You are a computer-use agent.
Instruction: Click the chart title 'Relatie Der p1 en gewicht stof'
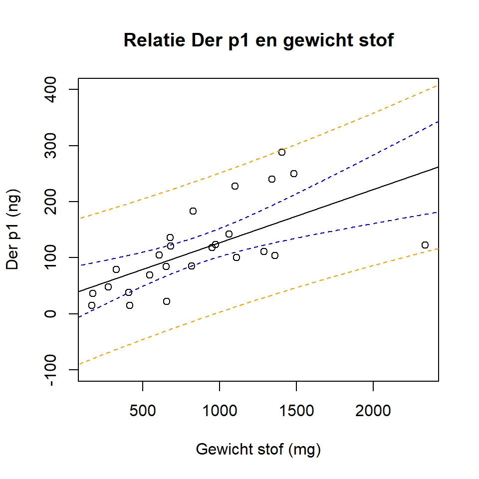258,40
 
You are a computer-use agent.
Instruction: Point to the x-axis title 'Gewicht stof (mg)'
258,449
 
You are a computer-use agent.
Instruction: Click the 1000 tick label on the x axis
220,411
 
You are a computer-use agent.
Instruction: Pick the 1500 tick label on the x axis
296,411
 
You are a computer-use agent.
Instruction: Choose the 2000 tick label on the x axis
373,411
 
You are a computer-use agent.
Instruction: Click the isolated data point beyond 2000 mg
425,245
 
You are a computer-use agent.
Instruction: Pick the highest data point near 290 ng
282,152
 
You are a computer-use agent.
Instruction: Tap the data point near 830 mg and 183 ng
193,211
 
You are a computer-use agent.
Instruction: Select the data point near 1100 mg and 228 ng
235,186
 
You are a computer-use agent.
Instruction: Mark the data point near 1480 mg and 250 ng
294,174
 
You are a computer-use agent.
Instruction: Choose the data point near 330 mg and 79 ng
116,269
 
